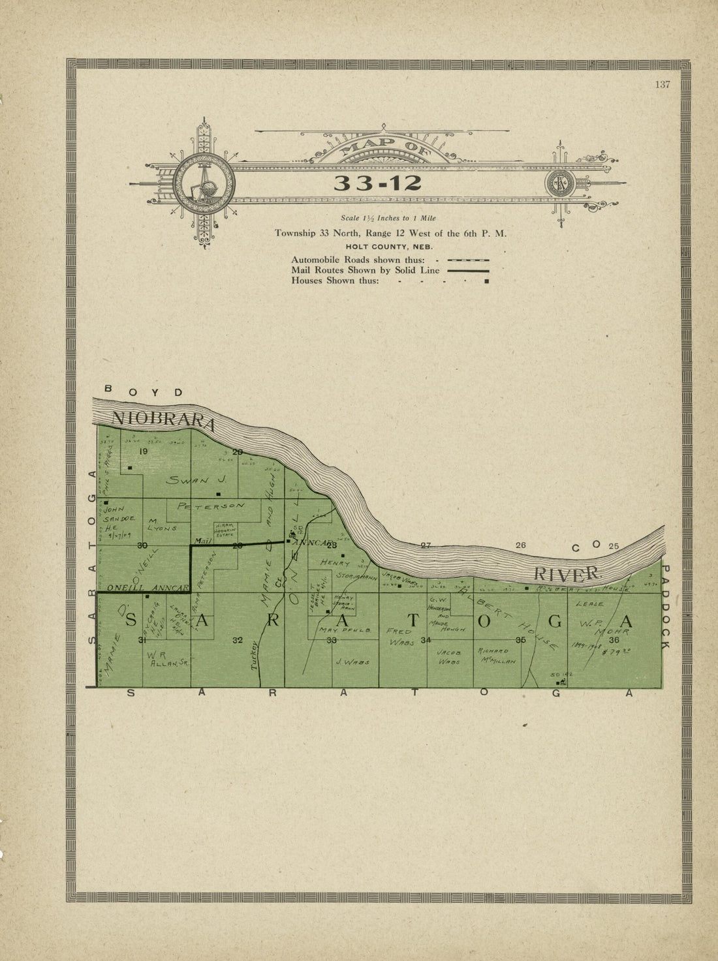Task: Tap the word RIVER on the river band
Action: pos(567,574)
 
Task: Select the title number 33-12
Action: pos(377,183)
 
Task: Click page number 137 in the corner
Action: pos(662,84)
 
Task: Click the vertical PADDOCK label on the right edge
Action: pos(664,607)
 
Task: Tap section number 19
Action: pos(144,451)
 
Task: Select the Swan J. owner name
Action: pos(196,480)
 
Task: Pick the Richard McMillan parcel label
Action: pos(497,655)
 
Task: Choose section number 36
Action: pos(614,640)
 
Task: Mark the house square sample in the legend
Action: pos(486,281)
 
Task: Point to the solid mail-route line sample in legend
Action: pos(468,270)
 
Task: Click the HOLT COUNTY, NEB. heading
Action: pos(389,247)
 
